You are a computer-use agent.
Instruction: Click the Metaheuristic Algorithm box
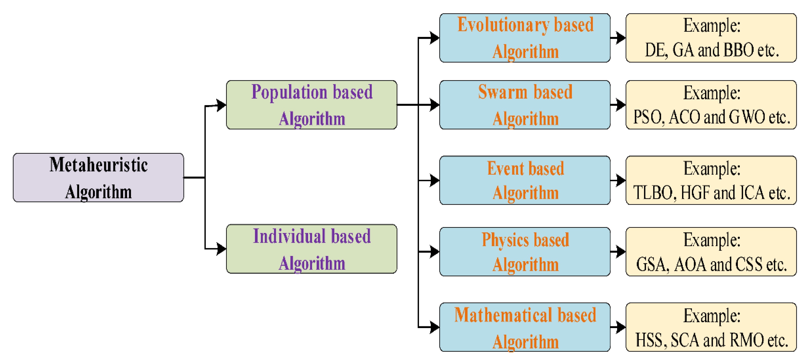point(98,178)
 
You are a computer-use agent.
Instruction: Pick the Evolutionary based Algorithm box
point(525,38)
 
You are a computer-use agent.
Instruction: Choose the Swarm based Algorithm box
point(525,105)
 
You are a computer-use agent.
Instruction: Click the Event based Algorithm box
point(525,180)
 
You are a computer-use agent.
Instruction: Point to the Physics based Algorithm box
point(525,252)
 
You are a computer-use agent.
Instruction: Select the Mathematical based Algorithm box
point(525,327)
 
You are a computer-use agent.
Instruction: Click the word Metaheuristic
point(98,165)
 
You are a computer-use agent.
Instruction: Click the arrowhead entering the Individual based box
point(221,249)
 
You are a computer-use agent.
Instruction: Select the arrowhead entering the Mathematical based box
point(434,327)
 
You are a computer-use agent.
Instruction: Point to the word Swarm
point(502,92)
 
